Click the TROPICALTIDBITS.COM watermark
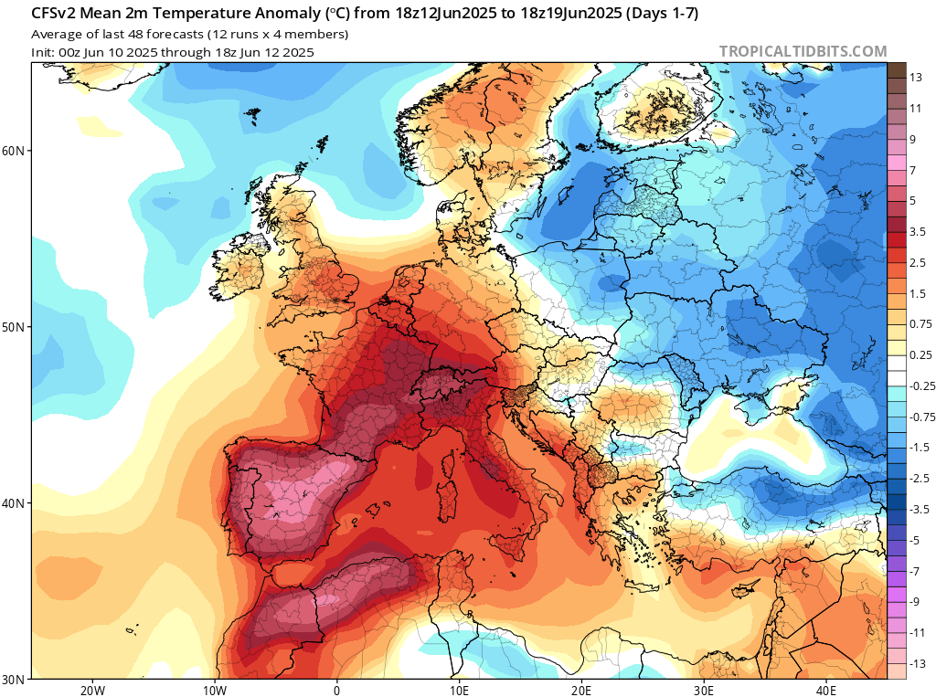[803, 51]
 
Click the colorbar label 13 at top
[915, 78]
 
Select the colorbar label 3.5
[919, 232]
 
